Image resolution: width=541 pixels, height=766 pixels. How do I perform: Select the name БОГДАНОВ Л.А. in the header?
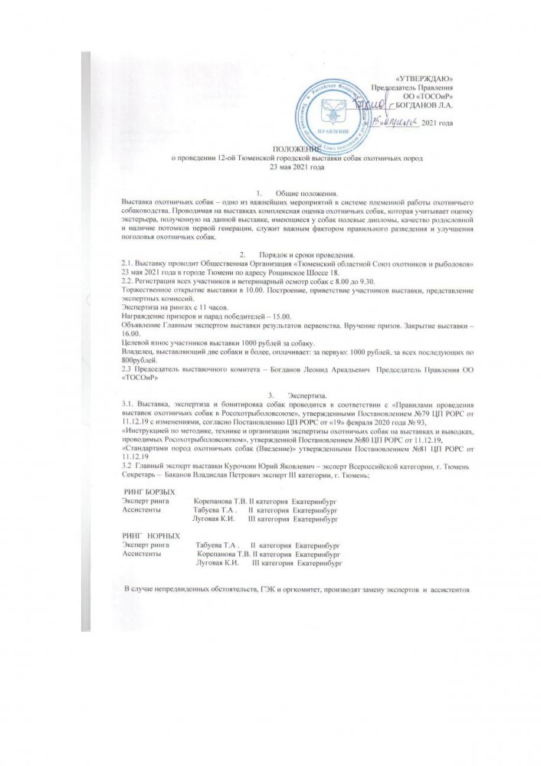(428, 104)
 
